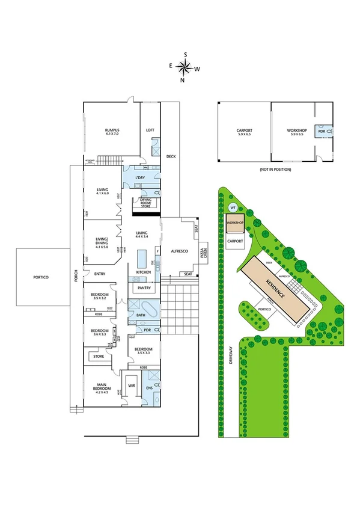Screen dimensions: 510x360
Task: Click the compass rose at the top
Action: click(185, 67)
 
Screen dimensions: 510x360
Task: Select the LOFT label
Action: click(151, 131)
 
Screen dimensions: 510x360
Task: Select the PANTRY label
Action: click(144, 288)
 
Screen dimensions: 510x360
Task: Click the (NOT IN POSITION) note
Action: click(275, 170)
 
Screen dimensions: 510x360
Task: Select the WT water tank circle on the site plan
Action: click(233, 207)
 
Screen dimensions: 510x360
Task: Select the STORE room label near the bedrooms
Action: click(99, 357)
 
